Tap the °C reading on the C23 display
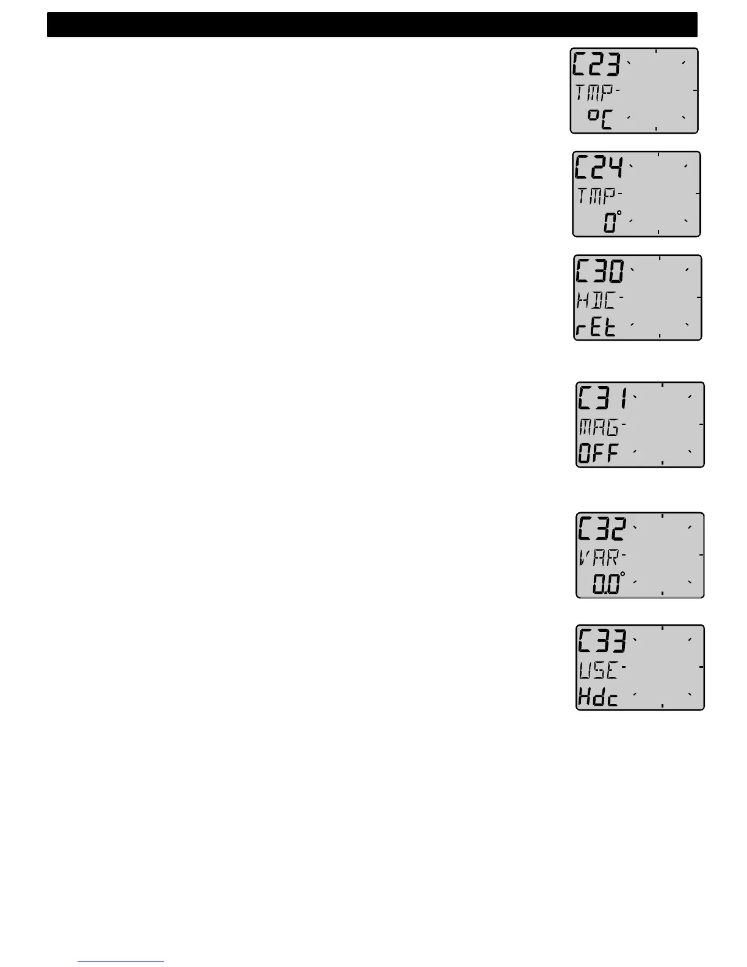[599, 118]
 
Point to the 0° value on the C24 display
[611, 221]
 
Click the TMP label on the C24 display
[598, 196]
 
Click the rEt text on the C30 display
[596, 328]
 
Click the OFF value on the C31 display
[599, 454]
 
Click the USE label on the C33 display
[599, 670]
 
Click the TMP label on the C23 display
[596, 93]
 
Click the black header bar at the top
[372, 25]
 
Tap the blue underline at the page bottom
[121, 962]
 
